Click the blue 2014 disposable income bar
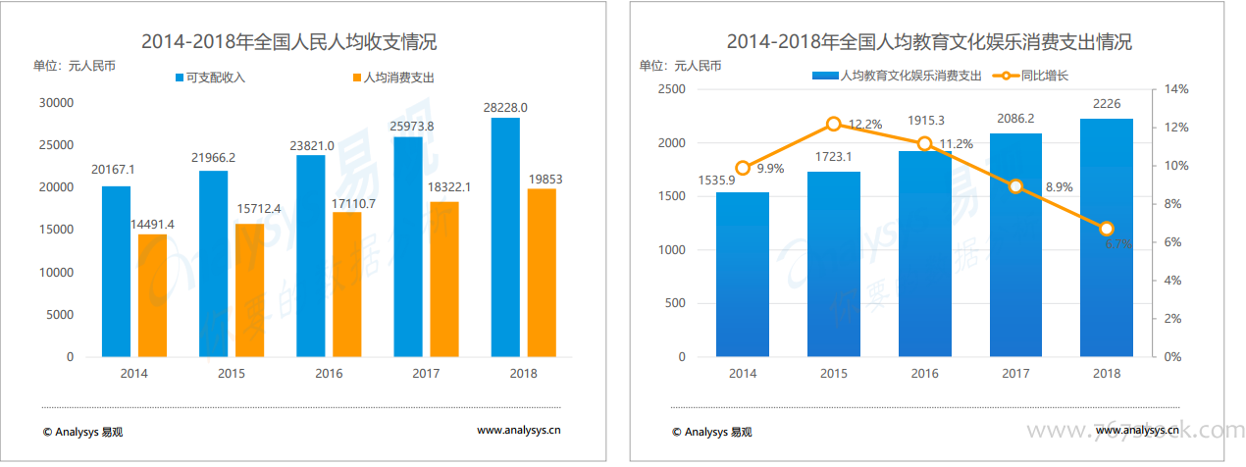pos(116,272)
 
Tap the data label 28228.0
pos(506,107)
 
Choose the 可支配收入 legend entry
pos(210,77)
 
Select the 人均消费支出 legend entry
pos(391,77)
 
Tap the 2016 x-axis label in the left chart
pos(329,374)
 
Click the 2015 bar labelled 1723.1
pos(833,264)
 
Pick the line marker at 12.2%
pos(834,124)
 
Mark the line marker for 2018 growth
pos(1107,229)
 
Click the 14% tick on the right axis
pos(1175,89)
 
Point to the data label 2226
pos(1107,104)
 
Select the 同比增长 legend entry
pos(1029,75)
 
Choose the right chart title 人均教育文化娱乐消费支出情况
pos(928,42)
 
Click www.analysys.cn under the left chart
pos(519,430)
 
